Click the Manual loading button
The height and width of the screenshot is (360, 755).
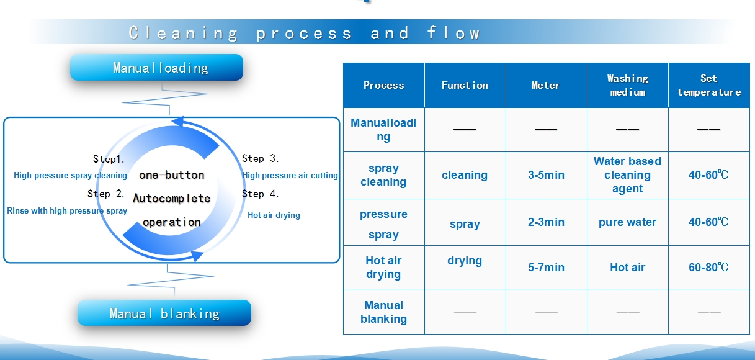tap(156, 68)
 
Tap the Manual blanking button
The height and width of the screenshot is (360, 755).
tap(164, 313)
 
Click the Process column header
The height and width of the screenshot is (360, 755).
tap(383, 85)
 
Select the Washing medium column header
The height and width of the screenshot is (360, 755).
tap(627, 85)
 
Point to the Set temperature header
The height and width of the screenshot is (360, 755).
tap(709, 85)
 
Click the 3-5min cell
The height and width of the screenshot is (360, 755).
tap(546, 175)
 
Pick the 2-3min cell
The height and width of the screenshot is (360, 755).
tap(546, 222)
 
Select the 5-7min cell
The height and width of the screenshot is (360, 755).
tap(546, 268)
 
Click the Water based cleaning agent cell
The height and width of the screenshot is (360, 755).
tap(627, 175)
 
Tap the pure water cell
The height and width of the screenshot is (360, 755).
tap(627, 222)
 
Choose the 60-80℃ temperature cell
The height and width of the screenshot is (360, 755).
tap(709, 268)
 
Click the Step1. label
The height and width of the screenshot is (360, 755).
tap(109, 159)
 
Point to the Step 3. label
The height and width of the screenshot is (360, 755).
tap(260, 158)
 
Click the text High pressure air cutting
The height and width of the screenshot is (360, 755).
tap(290, 175)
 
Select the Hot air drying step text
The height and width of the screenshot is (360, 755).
tap(274, 215)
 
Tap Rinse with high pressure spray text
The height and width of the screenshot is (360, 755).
tap(67, 210)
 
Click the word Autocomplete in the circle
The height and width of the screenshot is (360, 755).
tap(172, 198)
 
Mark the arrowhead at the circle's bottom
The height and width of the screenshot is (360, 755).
tap(197, 256)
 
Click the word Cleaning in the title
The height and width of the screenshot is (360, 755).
tap(184, 34)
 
